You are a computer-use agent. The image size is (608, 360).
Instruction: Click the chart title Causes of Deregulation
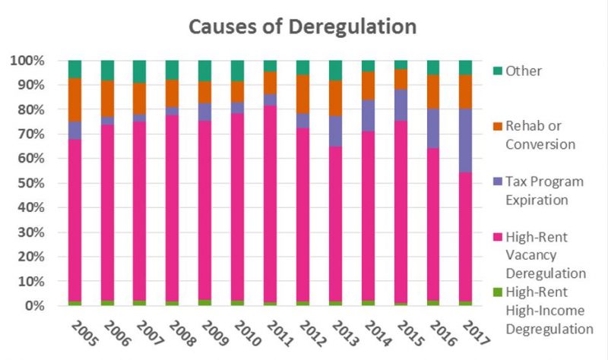(302, 27)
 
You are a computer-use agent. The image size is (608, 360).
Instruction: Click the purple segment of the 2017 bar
(465, 141)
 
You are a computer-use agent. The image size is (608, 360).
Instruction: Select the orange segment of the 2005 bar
(74, 100)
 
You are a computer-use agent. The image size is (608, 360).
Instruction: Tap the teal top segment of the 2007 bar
(140, 71)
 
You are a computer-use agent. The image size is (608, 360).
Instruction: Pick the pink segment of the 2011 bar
(270, 204)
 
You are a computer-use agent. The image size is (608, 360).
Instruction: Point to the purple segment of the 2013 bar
(335, 131)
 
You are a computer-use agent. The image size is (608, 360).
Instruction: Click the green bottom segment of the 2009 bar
(204, 302)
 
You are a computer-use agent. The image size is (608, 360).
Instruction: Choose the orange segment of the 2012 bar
(302, 94)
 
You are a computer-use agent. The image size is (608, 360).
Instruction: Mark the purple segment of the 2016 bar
(433, 128)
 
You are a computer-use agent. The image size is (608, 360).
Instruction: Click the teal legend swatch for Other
(498, 71)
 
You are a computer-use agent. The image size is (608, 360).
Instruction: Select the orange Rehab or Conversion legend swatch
(498, 126)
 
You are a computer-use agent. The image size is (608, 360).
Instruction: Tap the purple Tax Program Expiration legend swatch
(498, 182)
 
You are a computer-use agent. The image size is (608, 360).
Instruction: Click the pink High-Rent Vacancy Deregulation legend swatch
(498, 237)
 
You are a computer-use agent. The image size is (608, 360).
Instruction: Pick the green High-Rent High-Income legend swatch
(498, 292)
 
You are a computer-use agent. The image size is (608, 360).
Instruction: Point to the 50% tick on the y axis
(30, 183)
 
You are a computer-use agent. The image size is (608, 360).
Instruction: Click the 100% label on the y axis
(27, 61)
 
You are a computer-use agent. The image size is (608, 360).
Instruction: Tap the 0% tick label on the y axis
(34, 306)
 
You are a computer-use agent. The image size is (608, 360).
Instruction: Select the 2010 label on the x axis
(248, 333)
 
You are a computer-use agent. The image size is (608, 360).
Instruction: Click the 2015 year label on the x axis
(410, 333)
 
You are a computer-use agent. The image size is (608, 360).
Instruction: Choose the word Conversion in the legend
(540, 144)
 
